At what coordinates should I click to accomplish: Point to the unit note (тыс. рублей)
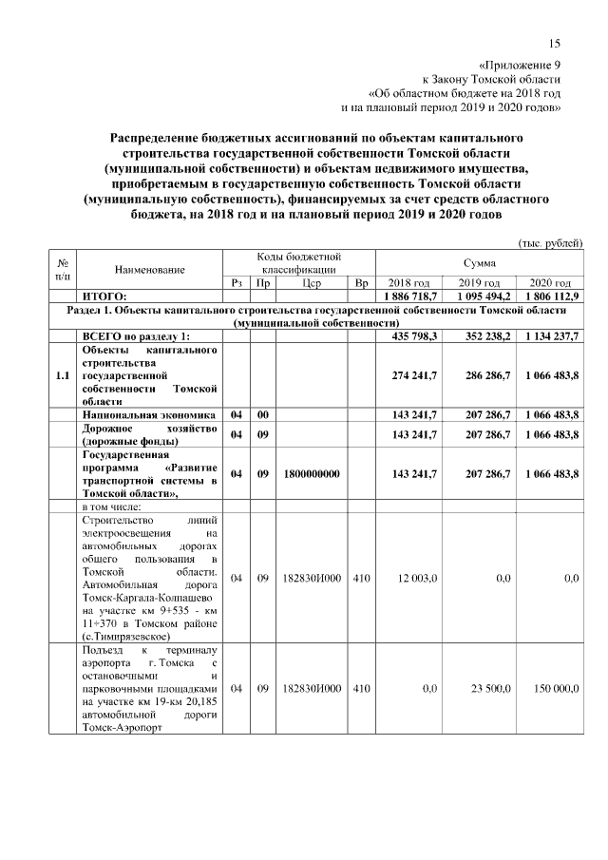coord(549,243)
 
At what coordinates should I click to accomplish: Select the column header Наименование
coord(149,270)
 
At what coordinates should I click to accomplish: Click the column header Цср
coord(312,283)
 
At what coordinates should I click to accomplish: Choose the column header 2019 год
coord(479,283)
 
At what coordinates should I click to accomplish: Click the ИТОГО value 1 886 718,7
coord(409,296)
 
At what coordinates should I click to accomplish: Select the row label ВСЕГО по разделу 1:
coord(137,335)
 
